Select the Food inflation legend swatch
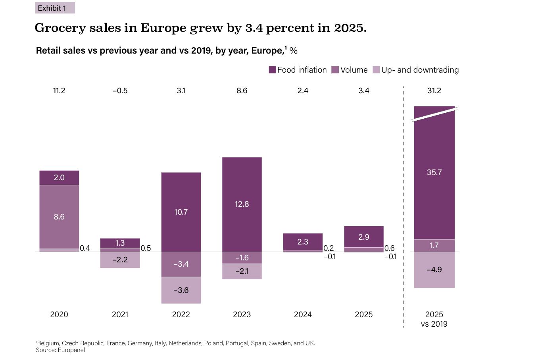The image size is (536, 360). (x=272, y=70)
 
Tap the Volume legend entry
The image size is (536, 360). (x=349, y=70)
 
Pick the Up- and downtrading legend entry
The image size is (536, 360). (x=415, y=70)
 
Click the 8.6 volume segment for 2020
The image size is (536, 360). (x=59, y=217)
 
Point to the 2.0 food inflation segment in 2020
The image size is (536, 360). (x=59, y=177)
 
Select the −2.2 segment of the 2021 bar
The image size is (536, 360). (x=120, y=260)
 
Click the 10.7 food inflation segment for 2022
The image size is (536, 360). (x=181, y=212)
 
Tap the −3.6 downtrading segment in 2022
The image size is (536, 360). (x=181, y=290)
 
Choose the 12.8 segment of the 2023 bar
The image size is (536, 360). (x=242, y=204)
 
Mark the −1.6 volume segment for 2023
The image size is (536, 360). (x=242, y=258)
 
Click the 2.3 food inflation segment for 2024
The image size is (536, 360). (x=303, y=241)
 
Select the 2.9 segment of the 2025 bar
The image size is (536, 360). (x=364, y=237)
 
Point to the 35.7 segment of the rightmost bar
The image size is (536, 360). (x=434, y=172)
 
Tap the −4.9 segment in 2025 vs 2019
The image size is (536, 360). (x=434, y=270)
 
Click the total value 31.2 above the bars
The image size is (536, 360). (x=434, y=90)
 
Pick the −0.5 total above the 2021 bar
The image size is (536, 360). (x=120, y=90)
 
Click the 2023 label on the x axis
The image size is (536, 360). (x=242, y=314)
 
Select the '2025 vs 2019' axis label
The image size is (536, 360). (x=434, y=319)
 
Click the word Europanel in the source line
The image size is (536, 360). (x=71, y=350)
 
